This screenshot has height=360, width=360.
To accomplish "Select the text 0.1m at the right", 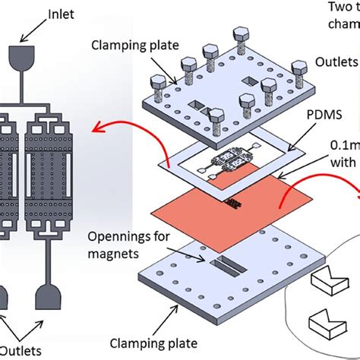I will coord(341,164).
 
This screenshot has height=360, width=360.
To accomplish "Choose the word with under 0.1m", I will coord(340,182).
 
